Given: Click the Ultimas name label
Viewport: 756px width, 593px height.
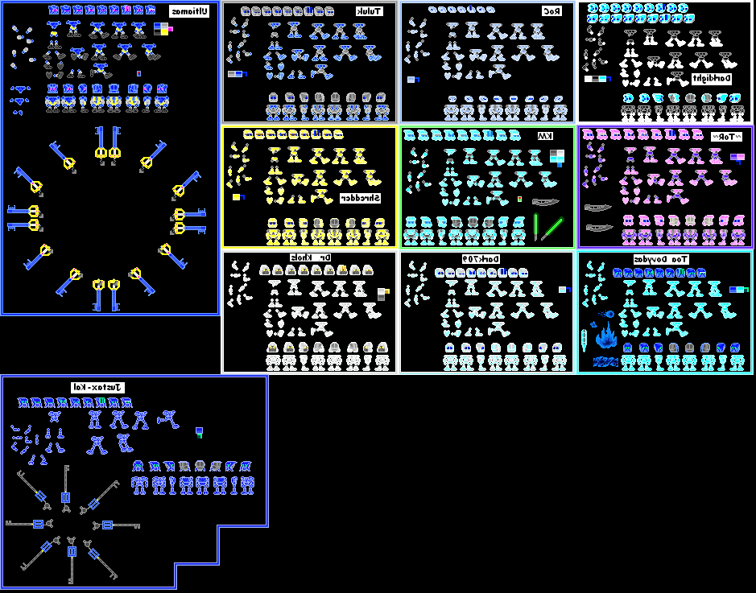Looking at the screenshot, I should [188, 11].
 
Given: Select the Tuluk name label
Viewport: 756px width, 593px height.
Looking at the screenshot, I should [370, 12].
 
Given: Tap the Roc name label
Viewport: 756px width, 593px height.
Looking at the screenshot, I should [551, 12].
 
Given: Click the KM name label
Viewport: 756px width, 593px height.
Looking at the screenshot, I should [546, 136].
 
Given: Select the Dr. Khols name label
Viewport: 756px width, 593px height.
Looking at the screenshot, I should [307, 257].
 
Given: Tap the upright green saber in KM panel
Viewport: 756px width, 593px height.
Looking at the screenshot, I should [535, 226].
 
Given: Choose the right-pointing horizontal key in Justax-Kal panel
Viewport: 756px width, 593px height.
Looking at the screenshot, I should [117, 525].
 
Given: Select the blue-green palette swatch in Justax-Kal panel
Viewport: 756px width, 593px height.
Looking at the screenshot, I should [199, 433].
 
